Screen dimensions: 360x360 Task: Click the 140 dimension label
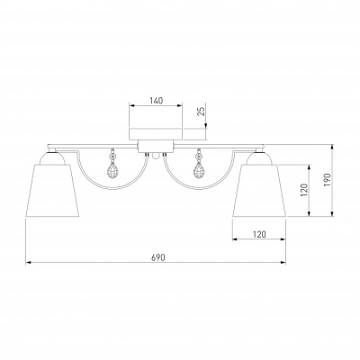click(x=156, y=101)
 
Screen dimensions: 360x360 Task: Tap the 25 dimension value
click(x=202, y=111)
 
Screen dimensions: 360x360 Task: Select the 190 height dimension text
click(x=327, y=180)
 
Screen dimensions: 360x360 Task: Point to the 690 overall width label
click(x=158, y=257)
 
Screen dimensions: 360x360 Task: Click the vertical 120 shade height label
click(x=303, y=190)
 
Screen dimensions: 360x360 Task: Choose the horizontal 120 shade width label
click(x=259, y=234)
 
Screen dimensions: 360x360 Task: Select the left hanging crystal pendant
click(x=112, y=166)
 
